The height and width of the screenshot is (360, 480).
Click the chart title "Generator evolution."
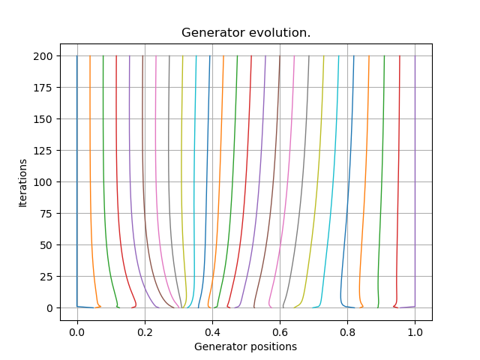246,33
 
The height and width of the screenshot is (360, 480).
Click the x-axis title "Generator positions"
245,346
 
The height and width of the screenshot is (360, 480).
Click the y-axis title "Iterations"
23,182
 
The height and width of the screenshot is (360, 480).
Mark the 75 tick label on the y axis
46,214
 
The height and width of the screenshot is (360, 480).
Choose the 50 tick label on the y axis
46,245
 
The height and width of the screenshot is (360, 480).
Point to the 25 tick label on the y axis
46,277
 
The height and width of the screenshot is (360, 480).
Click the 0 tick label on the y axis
49,308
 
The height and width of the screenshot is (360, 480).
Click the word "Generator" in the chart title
211,33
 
